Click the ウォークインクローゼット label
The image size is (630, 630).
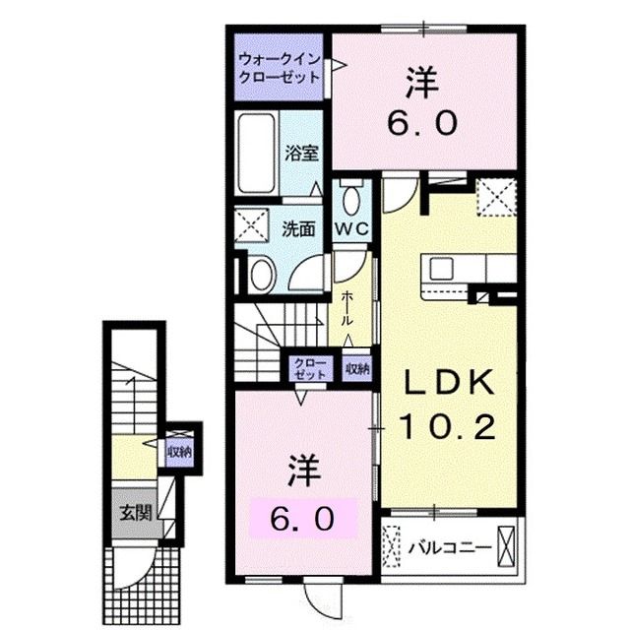coord(280,68)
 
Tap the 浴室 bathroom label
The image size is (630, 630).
coord(302,153)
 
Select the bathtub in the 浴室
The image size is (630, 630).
coord(256,154)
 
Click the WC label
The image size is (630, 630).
coord(352,229)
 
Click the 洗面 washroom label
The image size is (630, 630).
coord(297,229)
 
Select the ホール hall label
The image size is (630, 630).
coord(347,308)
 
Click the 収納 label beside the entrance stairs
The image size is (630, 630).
coord(179,452)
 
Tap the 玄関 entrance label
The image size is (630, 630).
coord(136,513)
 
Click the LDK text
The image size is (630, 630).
coord(448,383)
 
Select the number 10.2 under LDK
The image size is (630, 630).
coord(447,426)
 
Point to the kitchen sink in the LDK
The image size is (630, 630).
coord(441,269)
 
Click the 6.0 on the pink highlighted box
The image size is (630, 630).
coord(302,519)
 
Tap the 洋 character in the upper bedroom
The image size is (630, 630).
coord(422,83)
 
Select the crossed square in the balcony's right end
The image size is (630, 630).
coord(506,546)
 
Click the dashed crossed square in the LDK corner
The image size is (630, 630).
coord(496,198)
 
